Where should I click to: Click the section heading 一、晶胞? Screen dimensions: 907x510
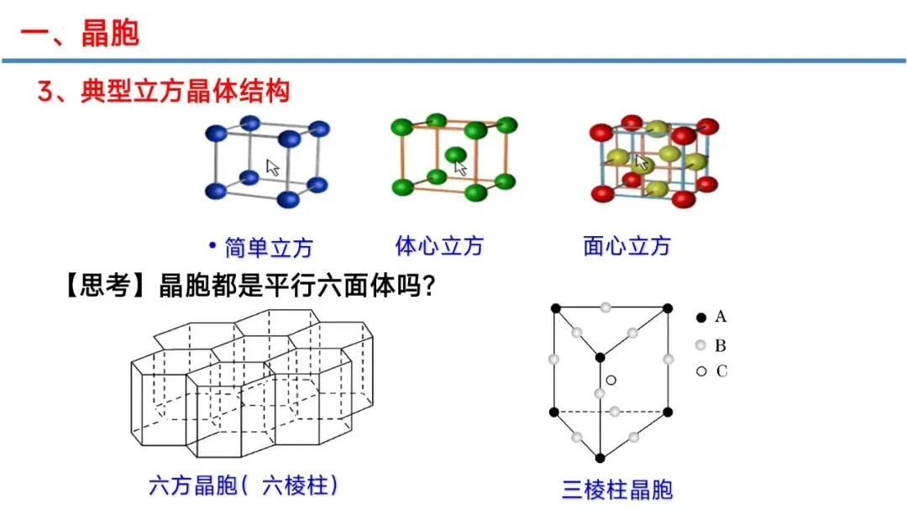(x=80, y=34)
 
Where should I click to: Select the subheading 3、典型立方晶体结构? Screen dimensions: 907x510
(x=164, y=91)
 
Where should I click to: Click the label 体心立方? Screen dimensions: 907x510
(x=439, y=246)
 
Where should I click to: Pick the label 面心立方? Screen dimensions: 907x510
(x=627, y=246)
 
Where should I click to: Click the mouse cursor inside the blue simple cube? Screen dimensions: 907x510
(x=272, y=166)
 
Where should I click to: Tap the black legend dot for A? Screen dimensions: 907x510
(x=700, y=318)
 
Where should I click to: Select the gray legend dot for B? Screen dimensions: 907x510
(x=700, y=345)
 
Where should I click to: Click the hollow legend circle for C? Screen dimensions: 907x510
(x=700, y=371)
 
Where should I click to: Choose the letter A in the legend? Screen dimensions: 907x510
(x=721, y=318)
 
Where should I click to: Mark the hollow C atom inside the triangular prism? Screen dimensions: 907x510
(x=611, y=381)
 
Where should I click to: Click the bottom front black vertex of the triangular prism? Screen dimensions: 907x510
(x=600, y=458)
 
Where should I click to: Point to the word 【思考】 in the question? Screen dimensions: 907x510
(x=99, y=287)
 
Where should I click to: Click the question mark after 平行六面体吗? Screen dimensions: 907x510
(x=427, y=287)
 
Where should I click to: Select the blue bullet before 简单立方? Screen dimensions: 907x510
(x=212, y=246)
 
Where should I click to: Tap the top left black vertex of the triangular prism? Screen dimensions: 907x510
(x=554, y=309)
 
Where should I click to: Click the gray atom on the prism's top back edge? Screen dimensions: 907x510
(x=606, y=308)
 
